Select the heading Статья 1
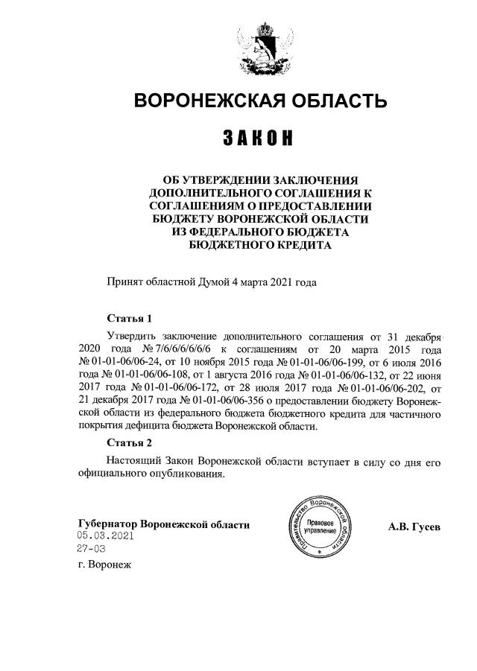[129, 318]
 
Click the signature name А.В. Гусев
[414, 527]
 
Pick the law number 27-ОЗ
[91, 548]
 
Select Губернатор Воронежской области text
[163, 524]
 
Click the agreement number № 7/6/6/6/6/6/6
[182, 348]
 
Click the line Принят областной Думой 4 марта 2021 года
[212, 282]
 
